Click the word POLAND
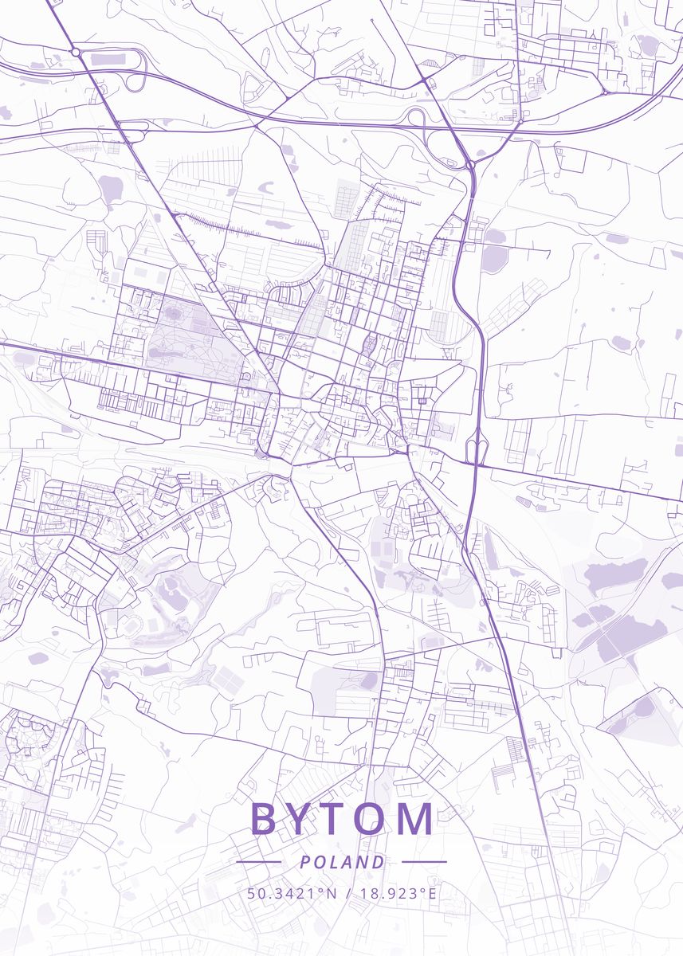point(342,862)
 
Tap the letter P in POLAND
point(305,862)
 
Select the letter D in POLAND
point(378,862)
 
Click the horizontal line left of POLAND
point(258,862)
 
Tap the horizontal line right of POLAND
point(424,862)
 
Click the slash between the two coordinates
point(348,893)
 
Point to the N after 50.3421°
point(331,893)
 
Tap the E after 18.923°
point(433,893)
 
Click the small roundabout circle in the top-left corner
point(75,52)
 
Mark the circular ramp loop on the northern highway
point(415,117)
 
